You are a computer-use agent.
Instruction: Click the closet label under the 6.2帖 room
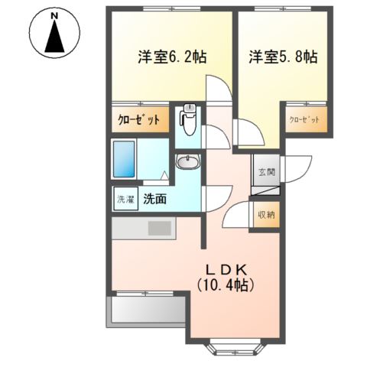[x=139, y=119]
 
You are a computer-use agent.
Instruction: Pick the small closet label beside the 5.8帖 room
[x=304, y=120]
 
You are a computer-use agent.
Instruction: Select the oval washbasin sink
[x=188, y=161]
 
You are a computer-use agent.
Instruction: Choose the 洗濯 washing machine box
[x=125, y=200]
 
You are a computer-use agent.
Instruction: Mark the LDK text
[x=226, y=268]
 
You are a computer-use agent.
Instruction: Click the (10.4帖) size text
[x=226, y=284]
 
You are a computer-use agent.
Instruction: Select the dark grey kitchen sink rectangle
[x=161, y=228]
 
